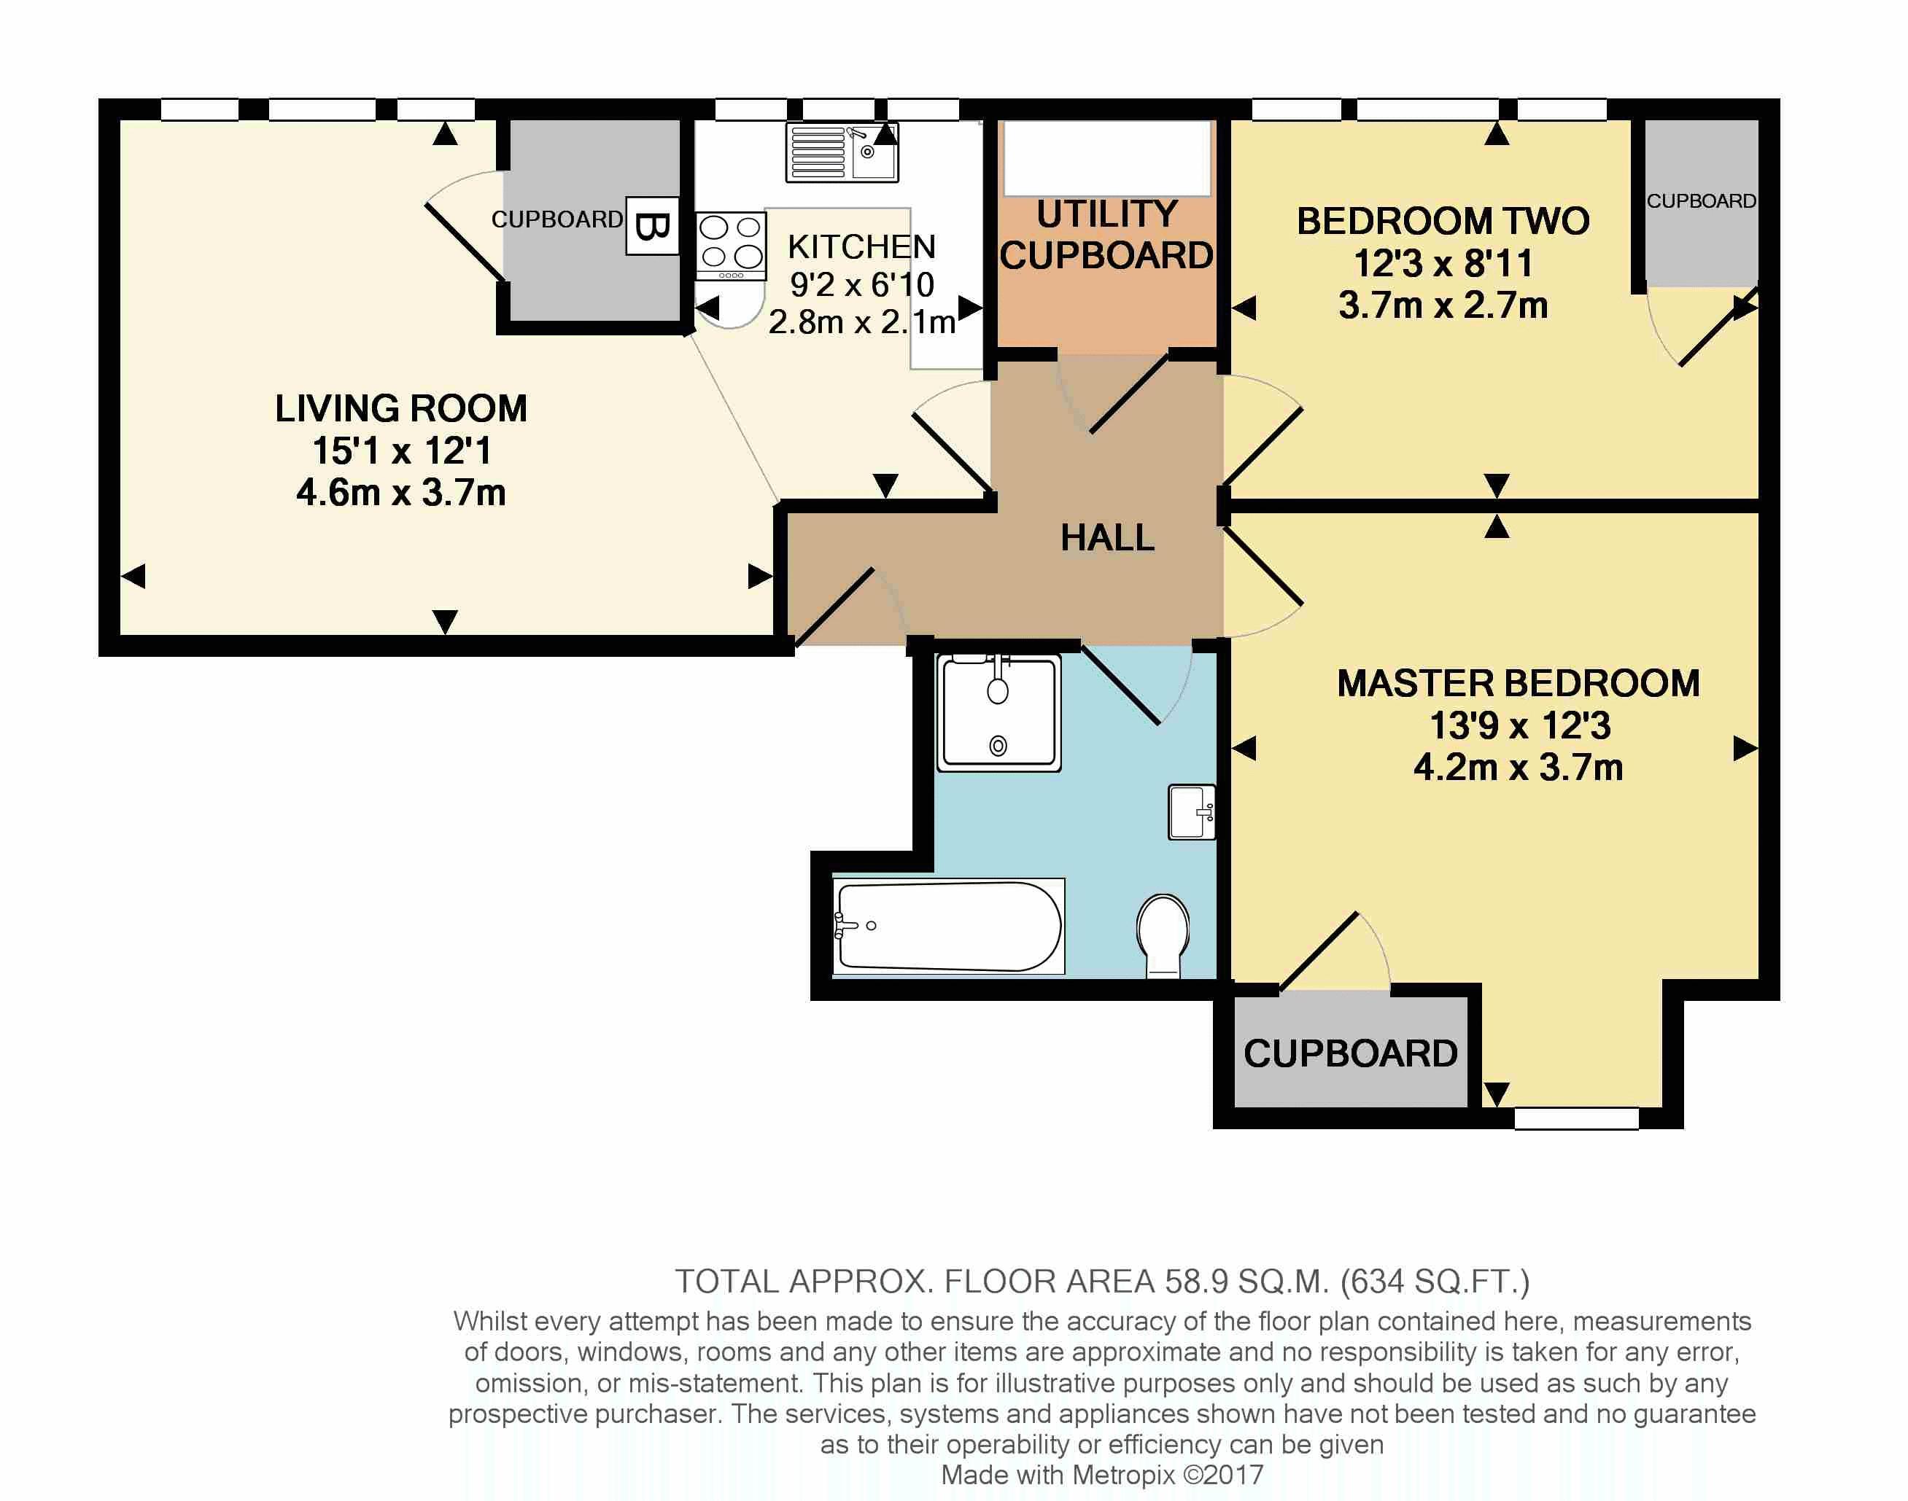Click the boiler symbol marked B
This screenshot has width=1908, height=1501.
coord(651,227)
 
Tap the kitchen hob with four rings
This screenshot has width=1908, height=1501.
coord(730,244)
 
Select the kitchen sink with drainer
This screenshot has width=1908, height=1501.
coord(842,153)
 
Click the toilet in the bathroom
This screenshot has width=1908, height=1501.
coord(1163,934)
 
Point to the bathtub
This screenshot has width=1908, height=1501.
coord(948,927)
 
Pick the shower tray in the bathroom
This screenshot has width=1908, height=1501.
coord(998,713)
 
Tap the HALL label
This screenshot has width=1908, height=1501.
coord(1107,538)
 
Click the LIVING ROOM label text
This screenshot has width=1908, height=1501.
coord(401,409)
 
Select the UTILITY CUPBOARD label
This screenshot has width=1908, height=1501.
coord(1106,235)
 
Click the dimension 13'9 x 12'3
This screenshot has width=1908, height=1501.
coord(1519,726)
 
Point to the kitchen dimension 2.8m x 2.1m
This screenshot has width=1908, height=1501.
coord(861,322)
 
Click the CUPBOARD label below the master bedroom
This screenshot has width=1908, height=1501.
coord(1351,1053)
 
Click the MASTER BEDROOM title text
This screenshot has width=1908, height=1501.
coord(1519,684)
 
